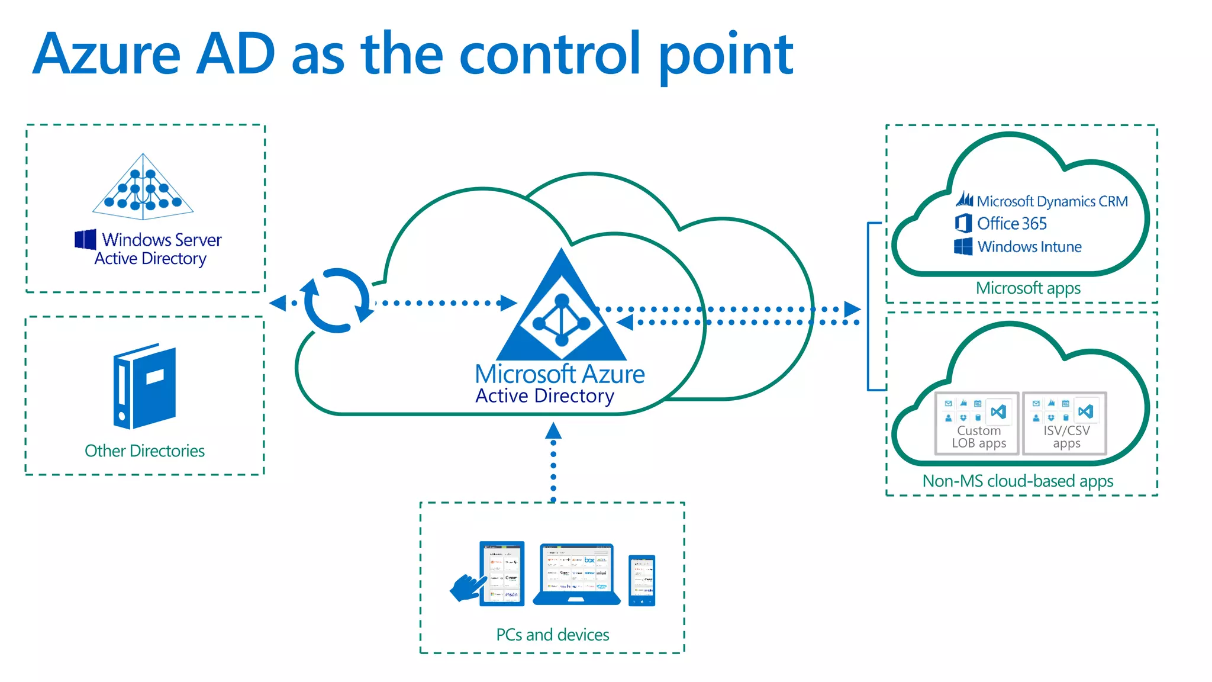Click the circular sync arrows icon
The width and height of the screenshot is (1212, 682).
tap(336, 301)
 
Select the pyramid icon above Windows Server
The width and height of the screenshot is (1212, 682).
tap(143, 186)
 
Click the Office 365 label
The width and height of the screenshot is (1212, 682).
tap(1011, 224)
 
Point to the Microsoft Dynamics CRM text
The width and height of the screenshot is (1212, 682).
tap(1052, 201)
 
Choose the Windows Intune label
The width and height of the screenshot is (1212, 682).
tap(1029, 247)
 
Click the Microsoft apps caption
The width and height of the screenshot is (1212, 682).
tap(1028, 288)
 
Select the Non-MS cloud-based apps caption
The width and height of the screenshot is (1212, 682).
tap(1017, 481)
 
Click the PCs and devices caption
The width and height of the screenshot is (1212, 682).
tap(552, 635)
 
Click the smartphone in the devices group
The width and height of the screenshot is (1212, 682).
tap(642, 580)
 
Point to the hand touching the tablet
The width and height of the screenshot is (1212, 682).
tap(468, 588)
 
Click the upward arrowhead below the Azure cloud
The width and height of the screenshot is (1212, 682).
tap(553, 430)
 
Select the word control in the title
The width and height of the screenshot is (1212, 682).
tap(549, 54)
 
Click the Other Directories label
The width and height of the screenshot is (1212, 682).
tap(144, 451)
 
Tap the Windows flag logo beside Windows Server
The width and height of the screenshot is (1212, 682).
tap(85, 239)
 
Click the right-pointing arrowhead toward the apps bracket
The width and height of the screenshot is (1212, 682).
tap(852, 309)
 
